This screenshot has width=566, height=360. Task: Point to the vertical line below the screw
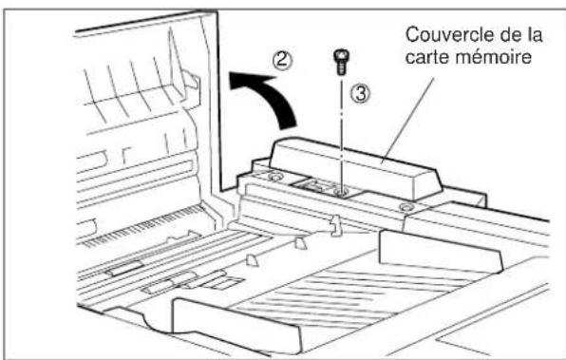[x=340, y=133]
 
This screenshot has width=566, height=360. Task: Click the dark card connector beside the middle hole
[x=314, y=184]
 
